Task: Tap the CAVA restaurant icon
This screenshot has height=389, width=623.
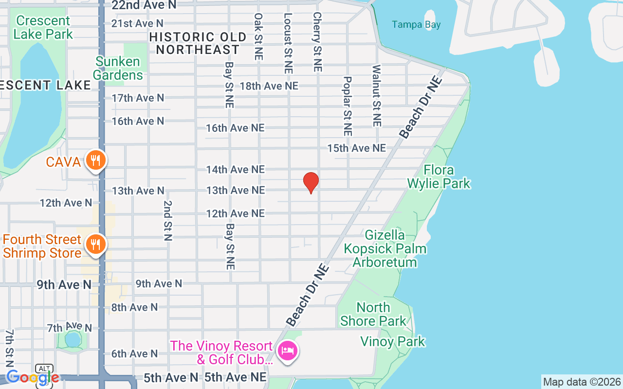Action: (x=96, y=160)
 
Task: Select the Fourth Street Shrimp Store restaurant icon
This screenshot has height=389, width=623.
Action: (x=96, y=244)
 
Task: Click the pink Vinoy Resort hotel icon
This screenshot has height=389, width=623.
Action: (x=288, y=351)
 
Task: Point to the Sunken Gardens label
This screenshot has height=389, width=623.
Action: (x=118, y=68)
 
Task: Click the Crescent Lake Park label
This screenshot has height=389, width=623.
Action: (x=43, y=27)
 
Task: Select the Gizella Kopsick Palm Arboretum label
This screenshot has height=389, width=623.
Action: (x=385, y=248)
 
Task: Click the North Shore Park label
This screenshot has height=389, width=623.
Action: (x=373, y=314)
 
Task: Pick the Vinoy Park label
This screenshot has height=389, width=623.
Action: (x=393, y=341)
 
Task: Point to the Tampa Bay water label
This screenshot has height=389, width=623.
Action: (x=416, y=24)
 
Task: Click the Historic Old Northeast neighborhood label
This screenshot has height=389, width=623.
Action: (x=198, y=43)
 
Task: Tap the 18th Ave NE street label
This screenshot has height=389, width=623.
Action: (x=269, y=86)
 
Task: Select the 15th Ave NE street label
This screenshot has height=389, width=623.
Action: (x=356, y=148)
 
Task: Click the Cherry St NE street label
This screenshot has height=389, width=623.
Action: (x=317, y=42)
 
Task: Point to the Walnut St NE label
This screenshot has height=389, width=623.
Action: (x=376, y=96)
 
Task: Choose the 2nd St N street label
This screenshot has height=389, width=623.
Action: (x=168, y=220)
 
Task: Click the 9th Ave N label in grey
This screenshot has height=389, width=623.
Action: (x=159, y=283)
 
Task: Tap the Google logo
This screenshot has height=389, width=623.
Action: (x=32, y=377)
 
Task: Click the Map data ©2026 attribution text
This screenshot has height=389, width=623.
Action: (x=582, y=382)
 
